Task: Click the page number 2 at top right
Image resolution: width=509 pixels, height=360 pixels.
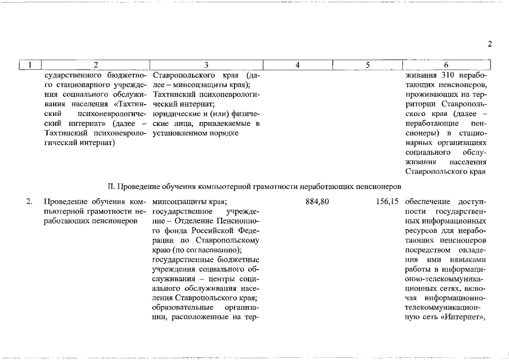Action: pyautogui.click(x=490, y=44)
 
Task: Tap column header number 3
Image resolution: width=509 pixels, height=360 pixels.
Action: pyautogui.click(x=206, y=65)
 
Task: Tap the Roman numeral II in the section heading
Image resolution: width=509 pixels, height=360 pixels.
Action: pyautogui.click(x=111, y=186)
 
